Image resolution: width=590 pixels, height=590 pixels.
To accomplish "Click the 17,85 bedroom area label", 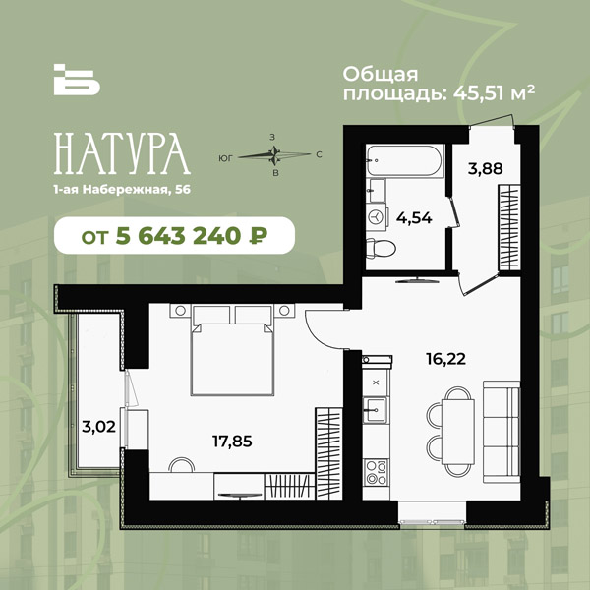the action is click(x=232, y=441).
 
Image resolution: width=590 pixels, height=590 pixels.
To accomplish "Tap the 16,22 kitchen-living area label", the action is click(x=445, y=359).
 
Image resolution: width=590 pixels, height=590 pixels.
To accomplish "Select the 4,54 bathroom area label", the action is click(x=414, y=218).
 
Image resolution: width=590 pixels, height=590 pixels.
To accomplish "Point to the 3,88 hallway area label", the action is click(x=486, y=168).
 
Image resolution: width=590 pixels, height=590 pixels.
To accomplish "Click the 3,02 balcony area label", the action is click(x=98, y=427).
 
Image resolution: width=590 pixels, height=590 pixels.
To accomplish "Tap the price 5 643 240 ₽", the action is click(x=192, y=236).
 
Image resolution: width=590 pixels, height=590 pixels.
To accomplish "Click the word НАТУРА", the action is click(x=122, y=153).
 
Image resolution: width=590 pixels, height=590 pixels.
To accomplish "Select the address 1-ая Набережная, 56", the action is click(x=122, y=190).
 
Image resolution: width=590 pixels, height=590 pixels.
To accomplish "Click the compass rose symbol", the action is click(x=274, y=155).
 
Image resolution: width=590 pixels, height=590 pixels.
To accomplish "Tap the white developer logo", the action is click(x=77, y=80).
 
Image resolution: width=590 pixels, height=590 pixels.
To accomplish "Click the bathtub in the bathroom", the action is click(x=405, y=160).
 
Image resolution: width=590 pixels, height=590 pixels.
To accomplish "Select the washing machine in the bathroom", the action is click(x=376, y=216).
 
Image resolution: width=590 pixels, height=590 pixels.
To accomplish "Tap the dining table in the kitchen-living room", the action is click(x=457, y=432).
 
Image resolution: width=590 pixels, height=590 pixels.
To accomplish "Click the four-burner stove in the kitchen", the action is click(x=377, y=472).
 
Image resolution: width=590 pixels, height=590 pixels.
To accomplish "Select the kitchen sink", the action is click(x=376, y=410).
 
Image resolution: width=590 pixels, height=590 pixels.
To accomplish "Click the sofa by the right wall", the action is click(x=501, y=432).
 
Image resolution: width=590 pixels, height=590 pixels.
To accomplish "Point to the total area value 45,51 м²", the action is click(x=494, y=92).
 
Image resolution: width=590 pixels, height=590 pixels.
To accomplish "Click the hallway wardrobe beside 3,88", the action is click(x=509, y=227).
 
